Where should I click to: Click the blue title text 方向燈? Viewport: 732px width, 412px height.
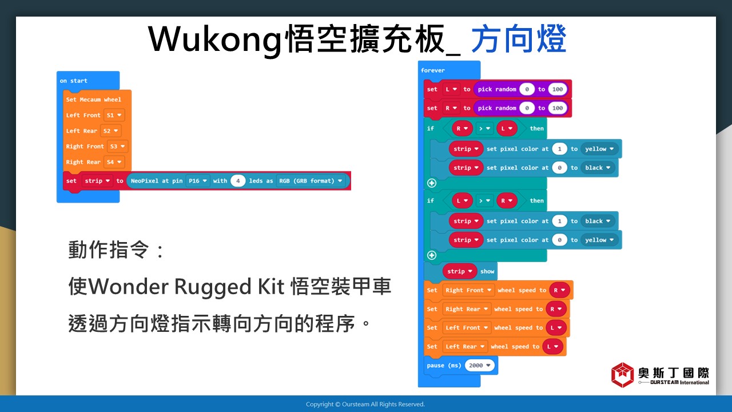(519, 39)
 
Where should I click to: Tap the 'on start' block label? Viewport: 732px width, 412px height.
(74, 81)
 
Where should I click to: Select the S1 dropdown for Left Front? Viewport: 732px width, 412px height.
(114, 115)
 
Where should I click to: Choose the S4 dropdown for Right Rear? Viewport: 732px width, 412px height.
(114, 162)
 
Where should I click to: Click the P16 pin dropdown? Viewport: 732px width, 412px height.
(198, 181)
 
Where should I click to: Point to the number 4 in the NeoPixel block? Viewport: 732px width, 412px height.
(238, 181)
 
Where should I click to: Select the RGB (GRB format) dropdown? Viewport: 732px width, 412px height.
(311, 181)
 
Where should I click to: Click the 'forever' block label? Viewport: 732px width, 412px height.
(433, 70)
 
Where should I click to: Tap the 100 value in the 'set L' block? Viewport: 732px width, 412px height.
(558, 89)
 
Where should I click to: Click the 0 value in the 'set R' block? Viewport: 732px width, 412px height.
(527, 108)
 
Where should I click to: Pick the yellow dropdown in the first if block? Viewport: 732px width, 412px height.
(599, 149)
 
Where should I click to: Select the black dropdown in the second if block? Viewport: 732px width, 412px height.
(598, 221)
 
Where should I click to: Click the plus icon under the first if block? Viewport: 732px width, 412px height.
(432, 183)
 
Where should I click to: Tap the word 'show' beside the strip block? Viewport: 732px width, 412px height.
(487, 271)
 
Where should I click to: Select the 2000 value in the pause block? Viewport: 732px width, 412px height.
(479, 366)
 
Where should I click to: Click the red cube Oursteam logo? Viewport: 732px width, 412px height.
(623, 375)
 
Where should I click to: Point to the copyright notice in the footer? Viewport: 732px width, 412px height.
(365, 404)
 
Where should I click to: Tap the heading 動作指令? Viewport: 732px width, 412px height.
(109, 249)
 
